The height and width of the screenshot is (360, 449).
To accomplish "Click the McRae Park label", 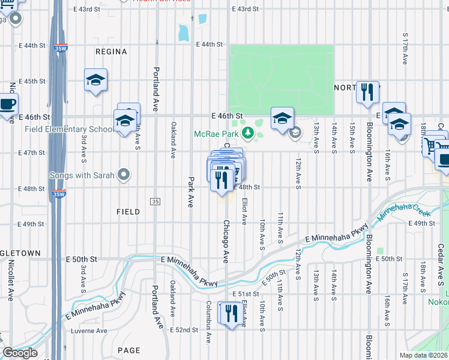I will click(x=216, y=134).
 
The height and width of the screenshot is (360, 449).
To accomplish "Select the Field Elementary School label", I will click(x=68, y=129).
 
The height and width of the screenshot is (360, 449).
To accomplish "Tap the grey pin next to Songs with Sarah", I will click(x=124, y=175).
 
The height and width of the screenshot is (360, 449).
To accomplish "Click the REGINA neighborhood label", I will click(x=111, y=52).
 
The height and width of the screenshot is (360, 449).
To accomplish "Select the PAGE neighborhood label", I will click(x=129, y=350).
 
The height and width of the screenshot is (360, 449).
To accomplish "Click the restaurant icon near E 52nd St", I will click(x=230, y=313).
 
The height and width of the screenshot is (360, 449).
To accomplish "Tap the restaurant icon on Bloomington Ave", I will click(x=367, y=92).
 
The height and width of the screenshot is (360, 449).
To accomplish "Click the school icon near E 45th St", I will click(x=95, y=80).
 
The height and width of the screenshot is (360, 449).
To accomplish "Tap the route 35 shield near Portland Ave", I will click(x=155, y=200).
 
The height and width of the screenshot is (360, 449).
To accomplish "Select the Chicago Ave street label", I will click(x=226, y=242).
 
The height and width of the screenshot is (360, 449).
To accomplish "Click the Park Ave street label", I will click(x=191, y=192).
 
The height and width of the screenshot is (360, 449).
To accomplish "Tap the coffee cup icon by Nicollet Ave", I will click(x=7, y=104).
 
